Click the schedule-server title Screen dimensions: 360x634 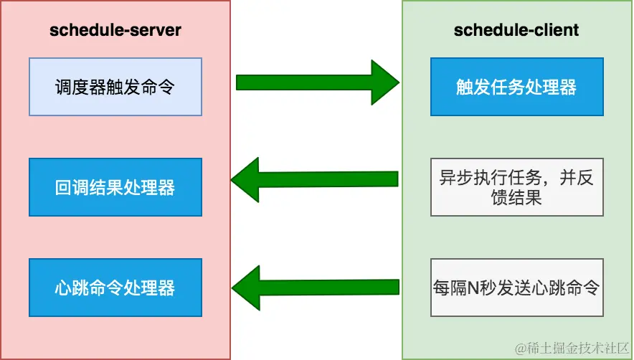[115, 30]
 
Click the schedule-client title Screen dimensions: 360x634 [516, 30]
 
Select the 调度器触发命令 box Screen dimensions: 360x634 [115, 87]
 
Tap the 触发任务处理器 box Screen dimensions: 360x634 [516, 87]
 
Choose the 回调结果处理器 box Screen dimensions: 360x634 [115, 188]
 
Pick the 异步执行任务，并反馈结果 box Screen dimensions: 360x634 [516, 188]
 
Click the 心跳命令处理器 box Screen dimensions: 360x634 [115, 288]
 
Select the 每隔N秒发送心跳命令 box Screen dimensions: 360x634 [516, 288]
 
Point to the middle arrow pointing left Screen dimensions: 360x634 [316, 179]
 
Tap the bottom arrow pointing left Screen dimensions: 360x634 [316, 287]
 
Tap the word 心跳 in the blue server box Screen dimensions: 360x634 [72, 288]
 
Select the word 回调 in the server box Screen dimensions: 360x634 [72, 188]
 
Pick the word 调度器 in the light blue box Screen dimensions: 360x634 [80, 87]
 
